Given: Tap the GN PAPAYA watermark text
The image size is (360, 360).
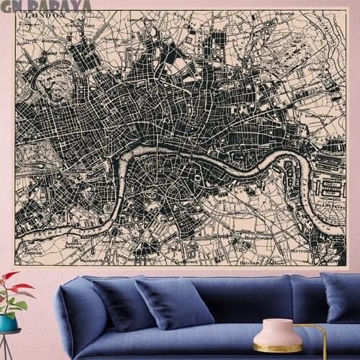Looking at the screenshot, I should coord(45,6).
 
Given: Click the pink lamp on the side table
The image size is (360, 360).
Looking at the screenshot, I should coord(276,334).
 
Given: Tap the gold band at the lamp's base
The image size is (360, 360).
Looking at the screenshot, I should coord(276,348).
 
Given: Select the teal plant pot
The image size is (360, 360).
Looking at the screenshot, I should coord(8,322).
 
